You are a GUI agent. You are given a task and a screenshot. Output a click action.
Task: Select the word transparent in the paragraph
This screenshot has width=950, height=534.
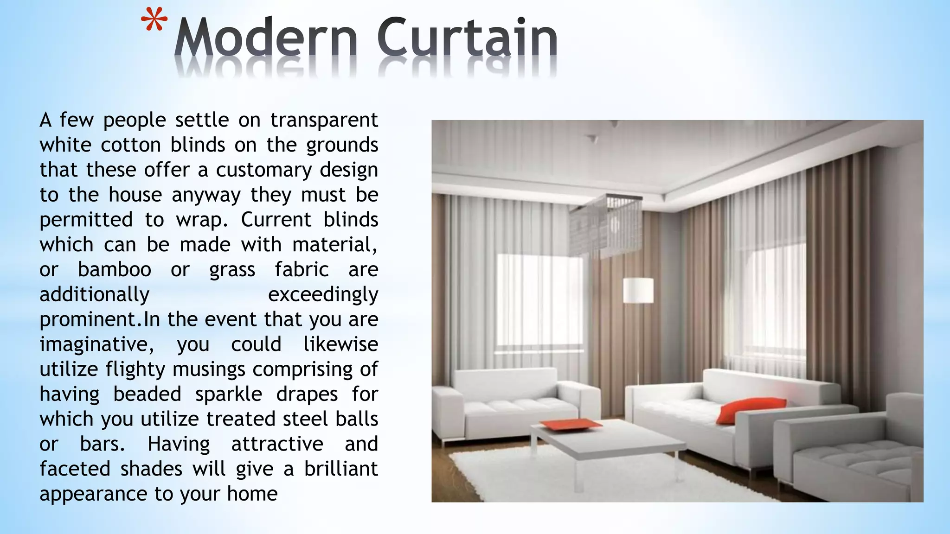coord(324,120)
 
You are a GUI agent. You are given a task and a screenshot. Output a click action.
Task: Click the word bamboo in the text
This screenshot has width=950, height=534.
coord(114,270)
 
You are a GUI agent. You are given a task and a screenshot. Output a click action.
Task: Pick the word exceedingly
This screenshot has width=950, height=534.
coord(323,295)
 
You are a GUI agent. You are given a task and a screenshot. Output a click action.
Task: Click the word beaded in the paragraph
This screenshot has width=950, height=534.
coord(147,394)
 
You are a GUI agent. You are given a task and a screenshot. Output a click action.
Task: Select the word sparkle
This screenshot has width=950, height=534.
coord(229,394)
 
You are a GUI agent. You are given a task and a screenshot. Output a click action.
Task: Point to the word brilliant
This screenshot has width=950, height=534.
coord(341,469)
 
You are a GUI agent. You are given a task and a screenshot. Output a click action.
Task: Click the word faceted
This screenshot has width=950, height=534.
coord(75,469)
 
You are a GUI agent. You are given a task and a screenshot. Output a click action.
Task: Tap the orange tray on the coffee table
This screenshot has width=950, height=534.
coord(570,424)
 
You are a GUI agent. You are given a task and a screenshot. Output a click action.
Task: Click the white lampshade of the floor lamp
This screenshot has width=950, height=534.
coord(638,290)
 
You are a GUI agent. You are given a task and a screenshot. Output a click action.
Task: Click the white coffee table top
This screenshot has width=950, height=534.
coord(608,440)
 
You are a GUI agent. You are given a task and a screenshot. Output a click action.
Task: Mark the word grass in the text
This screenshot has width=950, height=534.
coord(232,270)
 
